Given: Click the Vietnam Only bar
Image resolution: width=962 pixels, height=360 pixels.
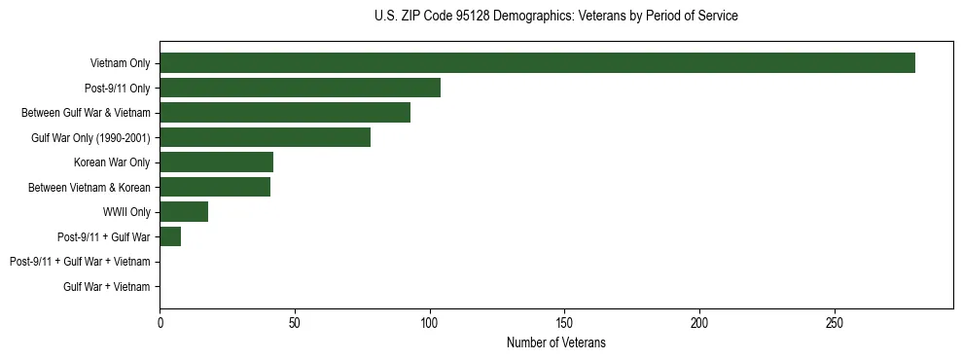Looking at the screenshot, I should (537, 63).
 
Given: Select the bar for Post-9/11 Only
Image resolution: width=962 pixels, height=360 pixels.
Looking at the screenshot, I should (300, 88).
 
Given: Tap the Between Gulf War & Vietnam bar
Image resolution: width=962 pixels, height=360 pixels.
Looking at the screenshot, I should (285, 113).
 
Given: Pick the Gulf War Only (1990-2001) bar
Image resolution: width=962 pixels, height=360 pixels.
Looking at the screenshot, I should (265, 137).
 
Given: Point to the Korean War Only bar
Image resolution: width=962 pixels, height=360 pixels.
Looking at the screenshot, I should (216, 162).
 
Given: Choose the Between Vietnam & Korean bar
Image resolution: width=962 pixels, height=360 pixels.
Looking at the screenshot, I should (215, 187).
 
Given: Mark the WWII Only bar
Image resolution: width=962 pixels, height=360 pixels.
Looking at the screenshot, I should (184, 212).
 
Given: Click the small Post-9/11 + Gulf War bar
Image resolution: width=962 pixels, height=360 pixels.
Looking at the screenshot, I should (170, 236).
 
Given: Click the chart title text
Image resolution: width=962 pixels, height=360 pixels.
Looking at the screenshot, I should (555, 17).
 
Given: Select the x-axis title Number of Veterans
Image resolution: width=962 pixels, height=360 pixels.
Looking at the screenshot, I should (555, 342).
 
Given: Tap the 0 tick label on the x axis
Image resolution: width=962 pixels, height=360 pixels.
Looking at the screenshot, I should (160, 322).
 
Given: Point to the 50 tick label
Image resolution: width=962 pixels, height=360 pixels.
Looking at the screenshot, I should (295, 322).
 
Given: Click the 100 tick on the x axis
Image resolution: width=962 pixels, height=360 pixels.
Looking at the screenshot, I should (430, 322).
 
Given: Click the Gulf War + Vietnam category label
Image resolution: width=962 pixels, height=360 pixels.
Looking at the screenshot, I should (107, 287).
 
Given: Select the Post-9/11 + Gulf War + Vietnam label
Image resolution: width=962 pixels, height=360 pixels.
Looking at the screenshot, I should (80, 262).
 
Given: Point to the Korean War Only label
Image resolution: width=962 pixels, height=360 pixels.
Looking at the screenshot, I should (112, 162).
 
